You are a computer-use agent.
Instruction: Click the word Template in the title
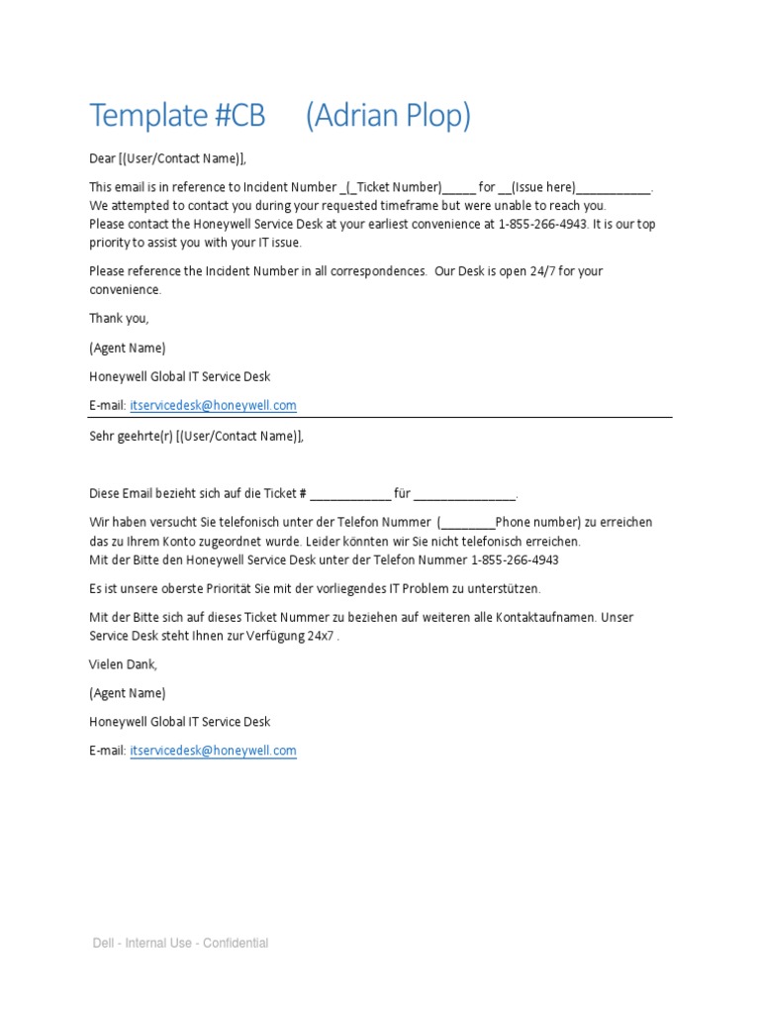(145, 117)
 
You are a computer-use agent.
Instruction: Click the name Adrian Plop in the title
(388, 117)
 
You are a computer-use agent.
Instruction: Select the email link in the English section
(213, 406)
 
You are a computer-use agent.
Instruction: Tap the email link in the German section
(213, 751)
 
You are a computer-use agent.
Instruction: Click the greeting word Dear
(103, 158)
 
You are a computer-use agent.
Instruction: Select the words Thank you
(119, 319)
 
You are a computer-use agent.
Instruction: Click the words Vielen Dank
(123, 663)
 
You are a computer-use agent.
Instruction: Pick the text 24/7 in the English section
(544, 271)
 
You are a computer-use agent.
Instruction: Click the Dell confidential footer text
(180, 943)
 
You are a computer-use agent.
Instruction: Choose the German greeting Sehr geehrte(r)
(130, 436)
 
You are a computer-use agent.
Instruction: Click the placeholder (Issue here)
(543, 187)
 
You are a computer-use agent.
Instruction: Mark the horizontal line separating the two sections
(380, 418)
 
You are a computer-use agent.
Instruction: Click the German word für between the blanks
(402, 494)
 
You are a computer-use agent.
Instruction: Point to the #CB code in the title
(238, 117)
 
